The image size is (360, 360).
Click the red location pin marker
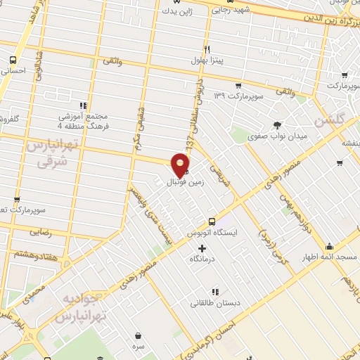click(181, 165)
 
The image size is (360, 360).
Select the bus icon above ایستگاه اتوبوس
click(212, 220)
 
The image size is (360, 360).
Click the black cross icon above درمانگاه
click(202, 248)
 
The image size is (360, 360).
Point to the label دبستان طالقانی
click(214, 304)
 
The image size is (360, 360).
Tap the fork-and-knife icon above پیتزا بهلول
click(207, 49)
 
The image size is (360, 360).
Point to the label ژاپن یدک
click(176, 11)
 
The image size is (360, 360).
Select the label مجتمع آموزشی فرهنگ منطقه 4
click(83, 120)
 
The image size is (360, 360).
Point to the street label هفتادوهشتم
click(34, 253)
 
